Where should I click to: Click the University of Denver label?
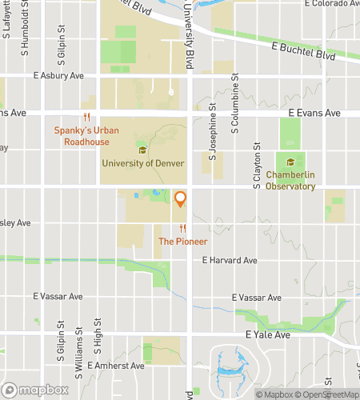click(143, 163)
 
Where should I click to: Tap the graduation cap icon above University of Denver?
click(143, 150)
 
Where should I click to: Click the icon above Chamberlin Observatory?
click(290, 162)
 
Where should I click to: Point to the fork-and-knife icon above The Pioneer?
click(182, 228)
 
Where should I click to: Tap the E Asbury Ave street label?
click(58, 76)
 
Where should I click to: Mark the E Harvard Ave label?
click(230, 260)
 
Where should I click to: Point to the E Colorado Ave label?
click(330, 4)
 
